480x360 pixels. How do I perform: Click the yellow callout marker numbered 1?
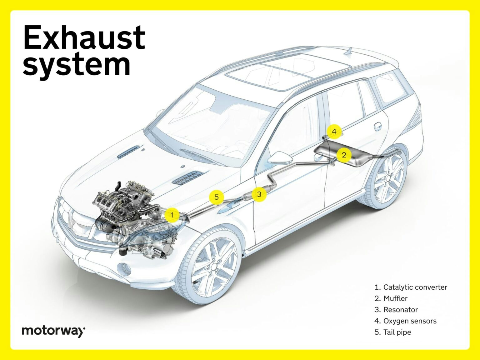pos(172,215)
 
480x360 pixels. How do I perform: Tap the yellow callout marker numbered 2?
pos(344,155)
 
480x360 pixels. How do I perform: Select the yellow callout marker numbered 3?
pos(259,194)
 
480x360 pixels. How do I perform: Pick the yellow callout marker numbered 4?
pos(334,132)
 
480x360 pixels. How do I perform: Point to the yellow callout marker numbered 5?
pos(216,197)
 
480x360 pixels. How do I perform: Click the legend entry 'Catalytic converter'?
pos(411,287)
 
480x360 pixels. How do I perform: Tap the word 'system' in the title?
pos(77,65)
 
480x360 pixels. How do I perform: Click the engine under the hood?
pos(125,203)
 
